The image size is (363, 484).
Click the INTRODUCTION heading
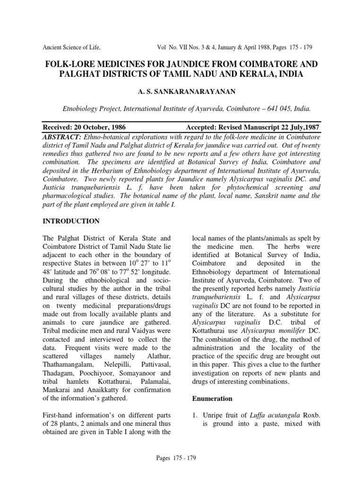(x=71, y=221)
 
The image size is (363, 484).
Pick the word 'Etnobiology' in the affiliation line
(x=82, y=108)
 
